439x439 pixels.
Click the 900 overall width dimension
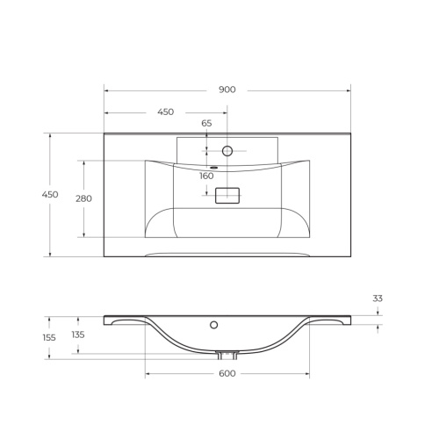[x=227, y=90]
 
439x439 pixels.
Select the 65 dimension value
[x=206, y=124]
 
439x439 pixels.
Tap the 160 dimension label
[x=206, y=176]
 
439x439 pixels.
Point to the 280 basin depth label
[x=83, y=198]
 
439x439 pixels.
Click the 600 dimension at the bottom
[x=227, y=374]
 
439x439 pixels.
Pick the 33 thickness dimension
[x=378, y=299]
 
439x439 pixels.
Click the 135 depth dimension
[x=78, y=335]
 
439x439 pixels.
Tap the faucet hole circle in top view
[x=227, y=151]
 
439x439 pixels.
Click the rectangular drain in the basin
[x=227, y=196]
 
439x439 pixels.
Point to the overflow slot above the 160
[x=212, y=166]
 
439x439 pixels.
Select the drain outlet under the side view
[x=227, y=356]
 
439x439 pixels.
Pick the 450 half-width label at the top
[x=165, y=112]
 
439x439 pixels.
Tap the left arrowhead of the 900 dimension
[x=107, y=90]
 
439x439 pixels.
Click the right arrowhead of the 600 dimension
[x=306, y=375]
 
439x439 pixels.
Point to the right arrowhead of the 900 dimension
[x=348, y=90]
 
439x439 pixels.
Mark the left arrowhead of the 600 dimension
[x=148, y=375]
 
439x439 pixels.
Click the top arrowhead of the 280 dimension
[x=84, y=162]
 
